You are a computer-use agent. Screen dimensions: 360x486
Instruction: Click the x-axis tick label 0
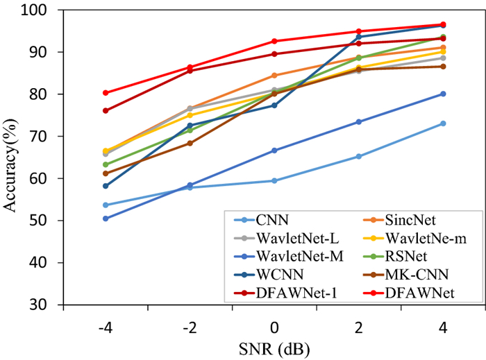pyautogui.click(x=274, y=326)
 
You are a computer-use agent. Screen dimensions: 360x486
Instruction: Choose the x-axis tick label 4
pyautogui.click(x=443, y=326)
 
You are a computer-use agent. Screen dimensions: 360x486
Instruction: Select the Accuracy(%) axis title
pyautogui.click(x=12, y=158)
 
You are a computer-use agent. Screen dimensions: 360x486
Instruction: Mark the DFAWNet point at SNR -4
pyautogui.click(x=106, y=92)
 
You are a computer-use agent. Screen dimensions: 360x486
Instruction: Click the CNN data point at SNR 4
pyautogui.click(x=443, y=123)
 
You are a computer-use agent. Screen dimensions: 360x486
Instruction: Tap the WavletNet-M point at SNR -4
pyautogui.click(x=106, y=218)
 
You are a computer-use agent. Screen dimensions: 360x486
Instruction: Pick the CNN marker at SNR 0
pyautogui.click(x=274, y=180)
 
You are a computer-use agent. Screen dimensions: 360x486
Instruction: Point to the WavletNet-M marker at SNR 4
pyautogui.click(x=443, y=94)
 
